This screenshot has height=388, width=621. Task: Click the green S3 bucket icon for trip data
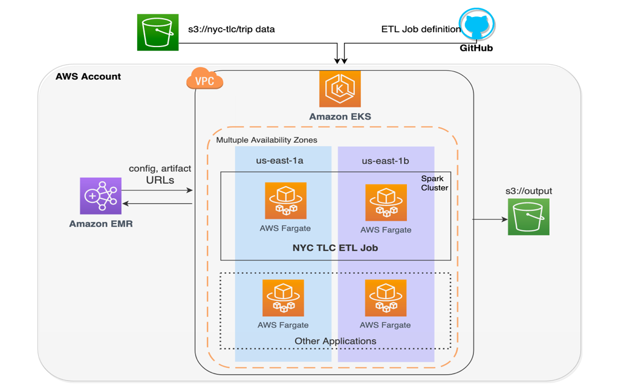(158, 32)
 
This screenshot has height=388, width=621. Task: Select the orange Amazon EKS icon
(340, 89)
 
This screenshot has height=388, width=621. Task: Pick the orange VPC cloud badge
(205, 80)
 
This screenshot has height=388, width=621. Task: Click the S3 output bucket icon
(528, 217)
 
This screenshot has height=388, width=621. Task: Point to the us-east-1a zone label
(280, 161)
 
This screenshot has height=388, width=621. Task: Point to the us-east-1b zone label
(385, 161)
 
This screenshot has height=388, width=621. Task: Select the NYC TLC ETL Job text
(335, 247)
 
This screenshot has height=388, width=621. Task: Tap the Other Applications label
(335, 341)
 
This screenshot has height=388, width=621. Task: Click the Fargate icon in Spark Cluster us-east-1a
(285, 201)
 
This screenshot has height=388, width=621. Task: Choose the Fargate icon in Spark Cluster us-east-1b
(386, 203)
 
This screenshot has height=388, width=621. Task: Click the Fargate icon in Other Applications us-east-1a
(283, 298)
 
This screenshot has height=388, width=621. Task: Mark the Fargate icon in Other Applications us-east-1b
(385, 298)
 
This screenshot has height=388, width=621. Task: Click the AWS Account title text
(88, 77)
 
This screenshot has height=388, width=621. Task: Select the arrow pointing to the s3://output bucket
(490, 219)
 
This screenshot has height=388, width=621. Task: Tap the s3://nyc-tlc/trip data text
(232, 29)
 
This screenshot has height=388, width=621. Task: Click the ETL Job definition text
(421, 29)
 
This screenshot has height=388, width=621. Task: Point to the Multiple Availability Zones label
(267, 140)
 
